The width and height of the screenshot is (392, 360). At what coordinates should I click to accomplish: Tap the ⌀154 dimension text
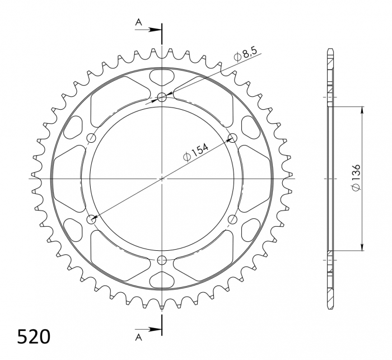point(195,152)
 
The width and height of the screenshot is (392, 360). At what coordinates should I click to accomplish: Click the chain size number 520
point(34,336)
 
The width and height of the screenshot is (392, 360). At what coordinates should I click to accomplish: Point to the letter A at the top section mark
point(138,22)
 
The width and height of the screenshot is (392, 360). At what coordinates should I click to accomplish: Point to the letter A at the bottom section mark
point(138,337)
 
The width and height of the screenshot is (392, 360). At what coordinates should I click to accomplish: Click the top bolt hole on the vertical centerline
point(162,97)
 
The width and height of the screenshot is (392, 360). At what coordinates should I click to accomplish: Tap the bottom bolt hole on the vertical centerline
point(162,260)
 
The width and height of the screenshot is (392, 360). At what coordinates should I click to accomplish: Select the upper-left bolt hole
point(92,138)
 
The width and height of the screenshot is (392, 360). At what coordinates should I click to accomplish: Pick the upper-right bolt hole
point(233,138)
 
